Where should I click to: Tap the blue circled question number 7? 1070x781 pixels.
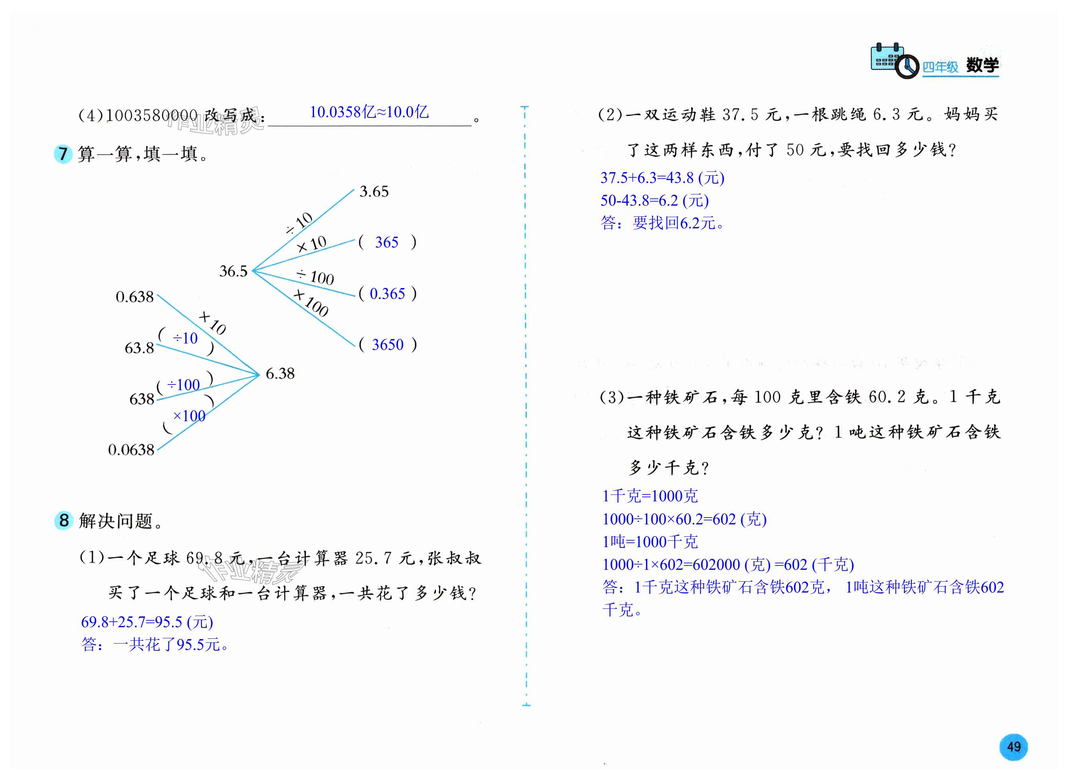coord(63,154)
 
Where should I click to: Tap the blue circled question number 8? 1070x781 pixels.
coord(64,520)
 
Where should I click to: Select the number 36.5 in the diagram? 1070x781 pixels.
coord(233,271)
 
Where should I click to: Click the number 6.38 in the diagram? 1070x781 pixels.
coord(280,373)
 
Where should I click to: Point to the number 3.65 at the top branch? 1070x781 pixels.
coord(373,192)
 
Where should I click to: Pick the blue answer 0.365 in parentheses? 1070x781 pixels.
coord(387,294)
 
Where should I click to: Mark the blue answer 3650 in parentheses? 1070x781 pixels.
coord(388,345)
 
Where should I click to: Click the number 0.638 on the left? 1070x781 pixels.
coord(135,297)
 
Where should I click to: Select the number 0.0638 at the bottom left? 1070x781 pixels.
coord(131,449)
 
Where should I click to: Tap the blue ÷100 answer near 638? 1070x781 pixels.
coord(183,385)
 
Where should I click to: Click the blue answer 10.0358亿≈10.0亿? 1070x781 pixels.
coord(369,112)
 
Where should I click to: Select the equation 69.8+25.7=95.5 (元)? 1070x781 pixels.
coord(147,622)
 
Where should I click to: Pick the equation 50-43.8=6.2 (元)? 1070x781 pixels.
coord(654,200)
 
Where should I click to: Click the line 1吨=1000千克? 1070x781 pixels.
coord(650,542)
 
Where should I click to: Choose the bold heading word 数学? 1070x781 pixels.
coord(982,65)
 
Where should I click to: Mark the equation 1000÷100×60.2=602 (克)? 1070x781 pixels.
coord(684,519)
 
